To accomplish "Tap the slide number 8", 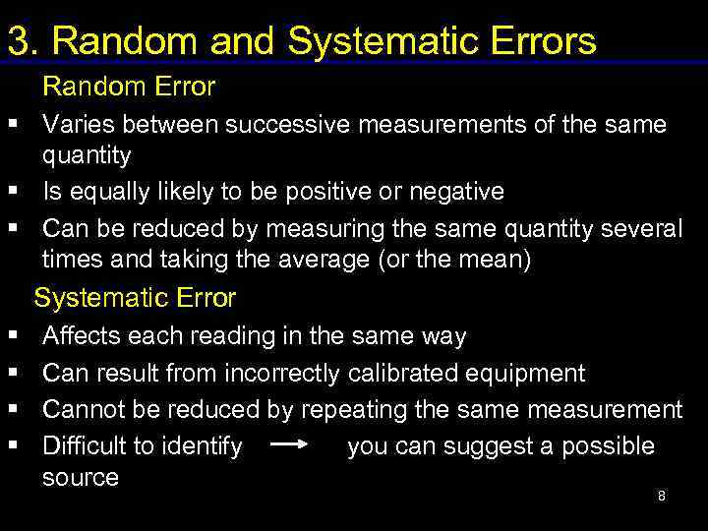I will (661, 496).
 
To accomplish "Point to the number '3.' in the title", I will (25, 41).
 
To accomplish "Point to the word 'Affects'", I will (81, 336).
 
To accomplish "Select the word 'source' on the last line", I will (80, 478).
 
